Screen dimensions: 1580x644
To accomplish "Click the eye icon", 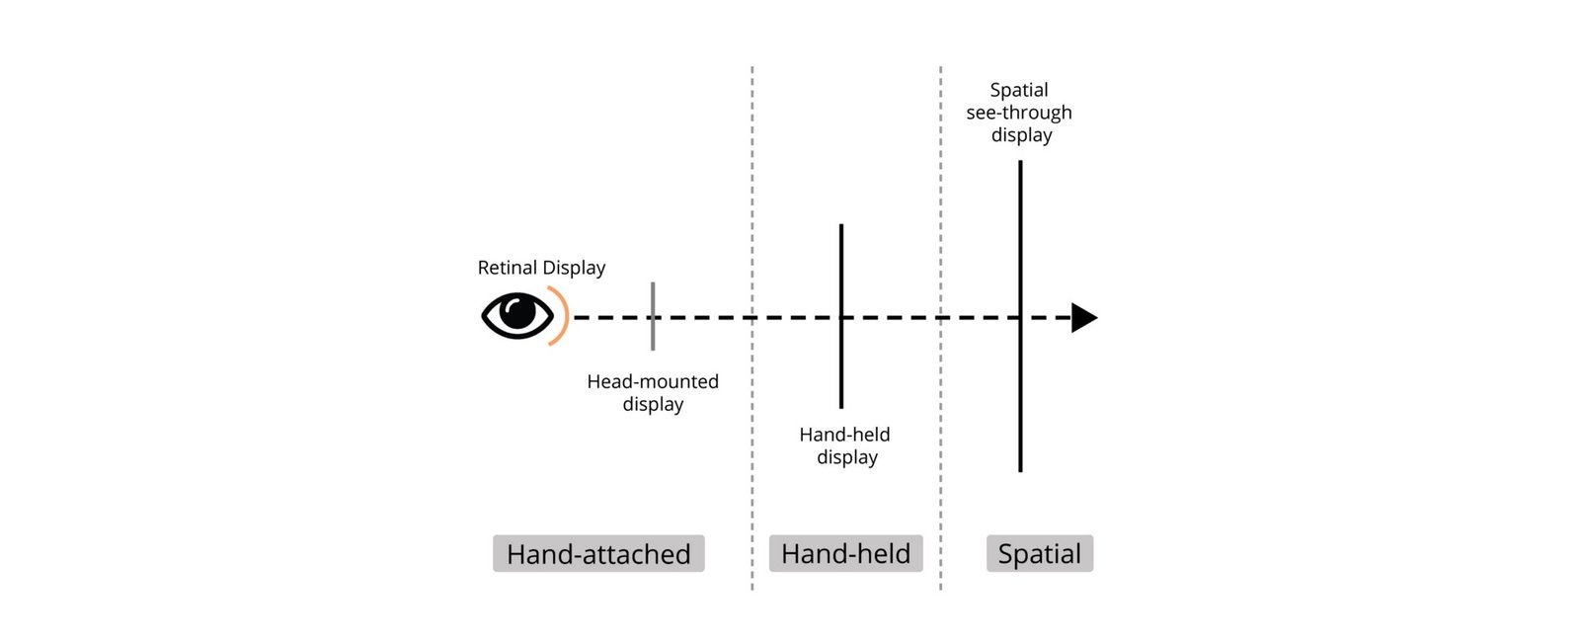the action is click(517, 315).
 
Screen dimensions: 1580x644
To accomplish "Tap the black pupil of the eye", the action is click(517, 312).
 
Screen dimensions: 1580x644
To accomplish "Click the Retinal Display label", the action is click(542, 268).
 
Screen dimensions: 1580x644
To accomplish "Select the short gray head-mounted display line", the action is click(653, 316).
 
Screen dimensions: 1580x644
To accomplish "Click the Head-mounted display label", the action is click(653, 392).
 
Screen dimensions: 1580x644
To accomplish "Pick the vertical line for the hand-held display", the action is click(840, 316).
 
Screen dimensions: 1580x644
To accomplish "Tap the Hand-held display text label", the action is click(845, 445).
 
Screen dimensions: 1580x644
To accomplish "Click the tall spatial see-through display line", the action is click(1020, 316).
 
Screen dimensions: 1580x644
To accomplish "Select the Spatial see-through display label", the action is click(1019, 113).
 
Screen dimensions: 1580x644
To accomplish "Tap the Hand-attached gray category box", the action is click(598, 554).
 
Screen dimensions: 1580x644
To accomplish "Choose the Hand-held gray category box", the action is click(845, 554).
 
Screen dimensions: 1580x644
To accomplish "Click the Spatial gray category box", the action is click(1040, 554).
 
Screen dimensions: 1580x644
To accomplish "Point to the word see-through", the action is click(1019, 113).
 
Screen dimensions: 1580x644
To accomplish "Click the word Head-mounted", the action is click(653, 381).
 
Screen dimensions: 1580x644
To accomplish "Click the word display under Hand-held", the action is click(847, 457).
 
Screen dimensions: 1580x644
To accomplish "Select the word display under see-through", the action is click(1021, 134).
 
